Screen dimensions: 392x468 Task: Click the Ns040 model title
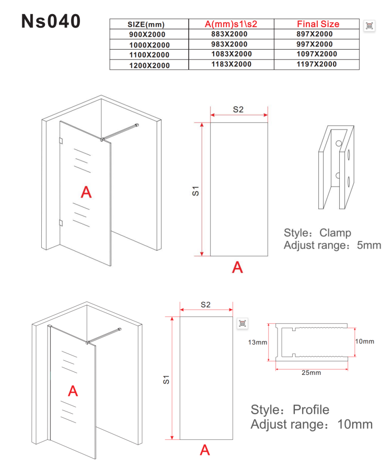point(51,21)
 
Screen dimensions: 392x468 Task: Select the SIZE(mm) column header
point(146,25)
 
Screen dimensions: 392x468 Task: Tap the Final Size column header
point(318,24)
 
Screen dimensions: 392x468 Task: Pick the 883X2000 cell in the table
point(229,34)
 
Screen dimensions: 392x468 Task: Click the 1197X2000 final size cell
point(317,64)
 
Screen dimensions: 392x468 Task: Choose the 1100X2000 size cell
point(149,55)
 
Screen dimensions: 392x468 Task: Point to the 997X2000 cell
point(315,44)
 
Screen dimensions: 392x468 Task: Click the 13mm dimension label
point(258,343)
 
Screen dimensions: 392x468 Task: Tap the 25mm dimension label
point(311,373)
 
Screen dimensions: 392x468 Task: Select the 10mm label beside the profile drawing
point(364,341)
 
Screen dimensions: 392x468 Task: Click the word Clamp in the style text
point(335,233)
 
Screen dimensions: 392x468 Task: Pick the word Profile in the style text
point(311,410)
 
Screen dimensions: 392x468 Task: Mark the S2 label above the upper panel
point(238,109)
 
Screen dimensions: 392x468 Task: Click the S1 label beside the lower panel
point(166,380)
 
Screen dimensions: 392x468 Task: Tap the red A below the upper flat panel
point(237,267)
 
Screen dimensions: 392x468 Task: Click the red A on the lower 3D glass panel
point(73,391)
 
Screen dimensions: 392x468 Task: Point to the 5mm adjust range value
point(369,245)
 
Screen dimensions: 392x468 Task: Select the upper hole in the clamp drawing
point(339,143)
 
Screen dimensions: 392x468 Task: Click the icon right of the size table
point(370,26)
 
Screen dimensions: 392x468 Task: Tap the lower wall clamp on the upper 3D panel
point(61,223)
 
